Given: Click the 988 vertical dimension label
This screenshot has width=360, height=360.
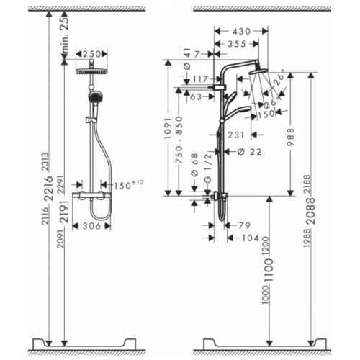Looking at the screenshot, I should [x=292, y=142].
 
